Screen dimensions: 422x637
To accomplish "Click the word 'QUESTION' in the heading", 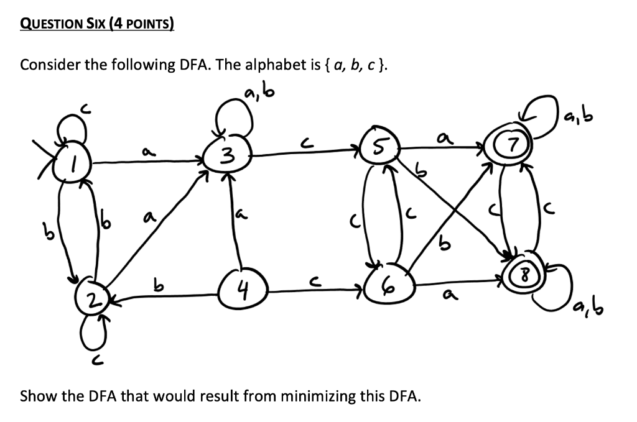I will [x=53, y=25].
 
